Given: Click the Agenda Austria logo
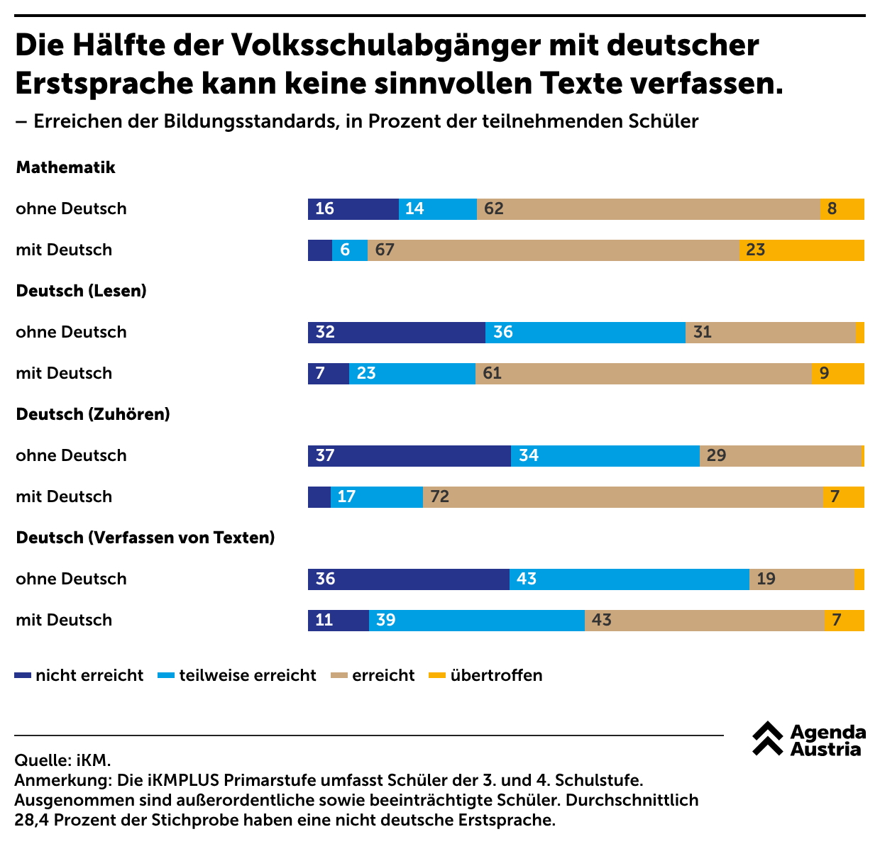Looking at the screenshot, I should point(808,740).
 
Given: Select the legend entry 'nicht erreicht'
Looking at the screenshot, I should point(79,675).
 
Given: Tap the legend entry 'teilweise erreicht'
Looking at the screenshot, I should point(238,675).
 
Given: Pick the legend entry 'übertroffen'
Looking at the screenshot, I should point(486,675).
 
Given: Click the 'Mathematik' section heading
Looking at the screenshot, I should point(65,167).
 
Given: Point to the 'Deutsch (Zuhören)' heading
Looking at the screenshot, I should point(93,414).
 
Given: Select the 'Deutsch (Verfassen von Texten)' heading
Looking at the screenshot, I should point(145,538).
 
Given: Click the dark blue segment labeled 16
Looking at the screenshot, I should point(353,209).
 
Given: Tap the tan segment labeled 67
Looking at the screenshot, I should point(553,250).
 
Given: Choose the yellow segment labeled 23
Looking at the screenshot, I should point(801,250).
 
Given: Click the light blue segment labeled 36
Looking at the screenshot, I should point(585,333).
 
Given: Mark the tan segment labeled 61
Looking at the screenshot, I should point(643,374).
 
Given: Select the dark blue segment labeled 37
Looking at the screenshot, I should point(409,456).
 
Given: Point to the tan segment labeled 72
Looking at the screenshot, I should point(622,497).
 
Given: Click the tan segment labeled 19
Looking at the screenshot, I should point(801,579).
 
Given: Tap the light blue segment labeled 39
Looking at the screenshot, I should point(476,621).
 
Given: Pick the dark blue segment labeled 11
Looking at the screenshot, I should point(338,621).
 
